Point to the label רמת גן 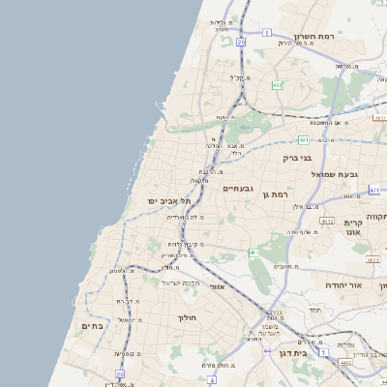click(x=276, y=195)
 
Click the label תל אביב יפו click(x=165, y=200)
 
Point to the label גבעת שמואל click(x=335, y=173)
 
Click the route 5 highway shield click(x=266, y=32)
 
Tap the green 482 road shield click(x=278, y=85)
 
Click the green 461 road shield click(x=253, y=253)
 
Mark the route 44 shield click(x=266, y=350)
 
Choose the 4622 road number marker click(x=373, y=259)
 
